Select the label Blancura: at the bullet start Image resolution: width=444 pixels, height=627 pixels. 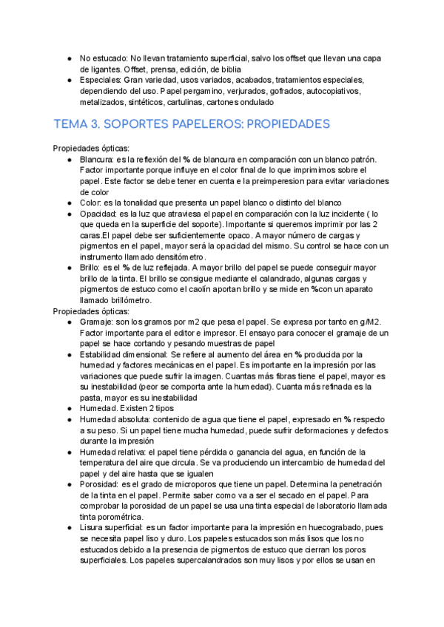101,159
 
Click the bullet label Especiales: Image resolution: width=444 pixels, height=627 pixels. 101,79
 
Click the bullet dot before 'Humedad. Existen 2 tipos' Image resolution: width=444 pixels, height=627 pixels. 69,408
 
